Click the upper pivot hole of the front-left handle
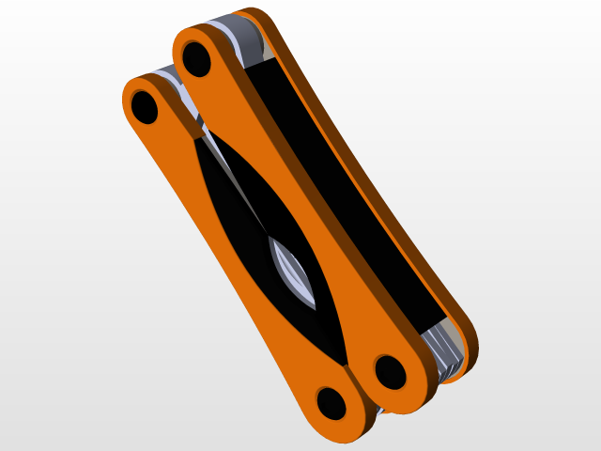(145, 106)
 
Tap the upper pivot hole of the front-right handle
(197, 58)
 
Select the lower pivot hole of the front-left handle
(331, 403)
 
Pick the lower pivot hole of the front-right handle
(390, 372)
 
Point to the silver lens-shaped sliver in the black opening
(293, 272)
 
